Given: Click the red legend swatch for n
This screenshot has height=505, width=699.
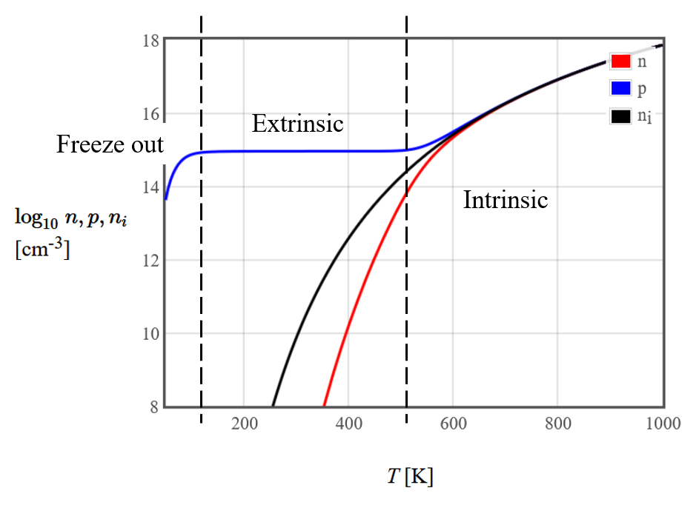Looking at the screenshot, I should [x=620, y=61].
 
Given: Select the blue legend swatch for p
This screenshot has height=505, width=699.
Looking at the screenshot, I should [x=620, y=89].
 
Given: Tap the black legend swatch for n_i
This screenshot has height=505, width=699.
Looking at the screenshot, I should [x=620, y=116].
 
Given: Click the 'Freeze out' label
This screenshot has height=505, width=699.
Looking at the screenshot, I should [x=110, y=144].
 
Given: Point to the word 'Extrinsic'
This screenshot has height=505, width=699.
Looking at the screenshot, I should [x=297, y=123].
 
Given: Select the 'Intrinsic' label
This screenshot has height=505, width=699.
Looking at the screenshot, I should [x=505, y=200].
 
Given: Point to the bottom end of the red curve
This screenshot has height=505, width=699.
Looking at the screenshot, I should [x=324, y=405].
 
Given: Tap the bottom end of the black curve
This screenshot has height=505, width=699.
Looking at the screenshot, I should [x=273, y=405].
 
